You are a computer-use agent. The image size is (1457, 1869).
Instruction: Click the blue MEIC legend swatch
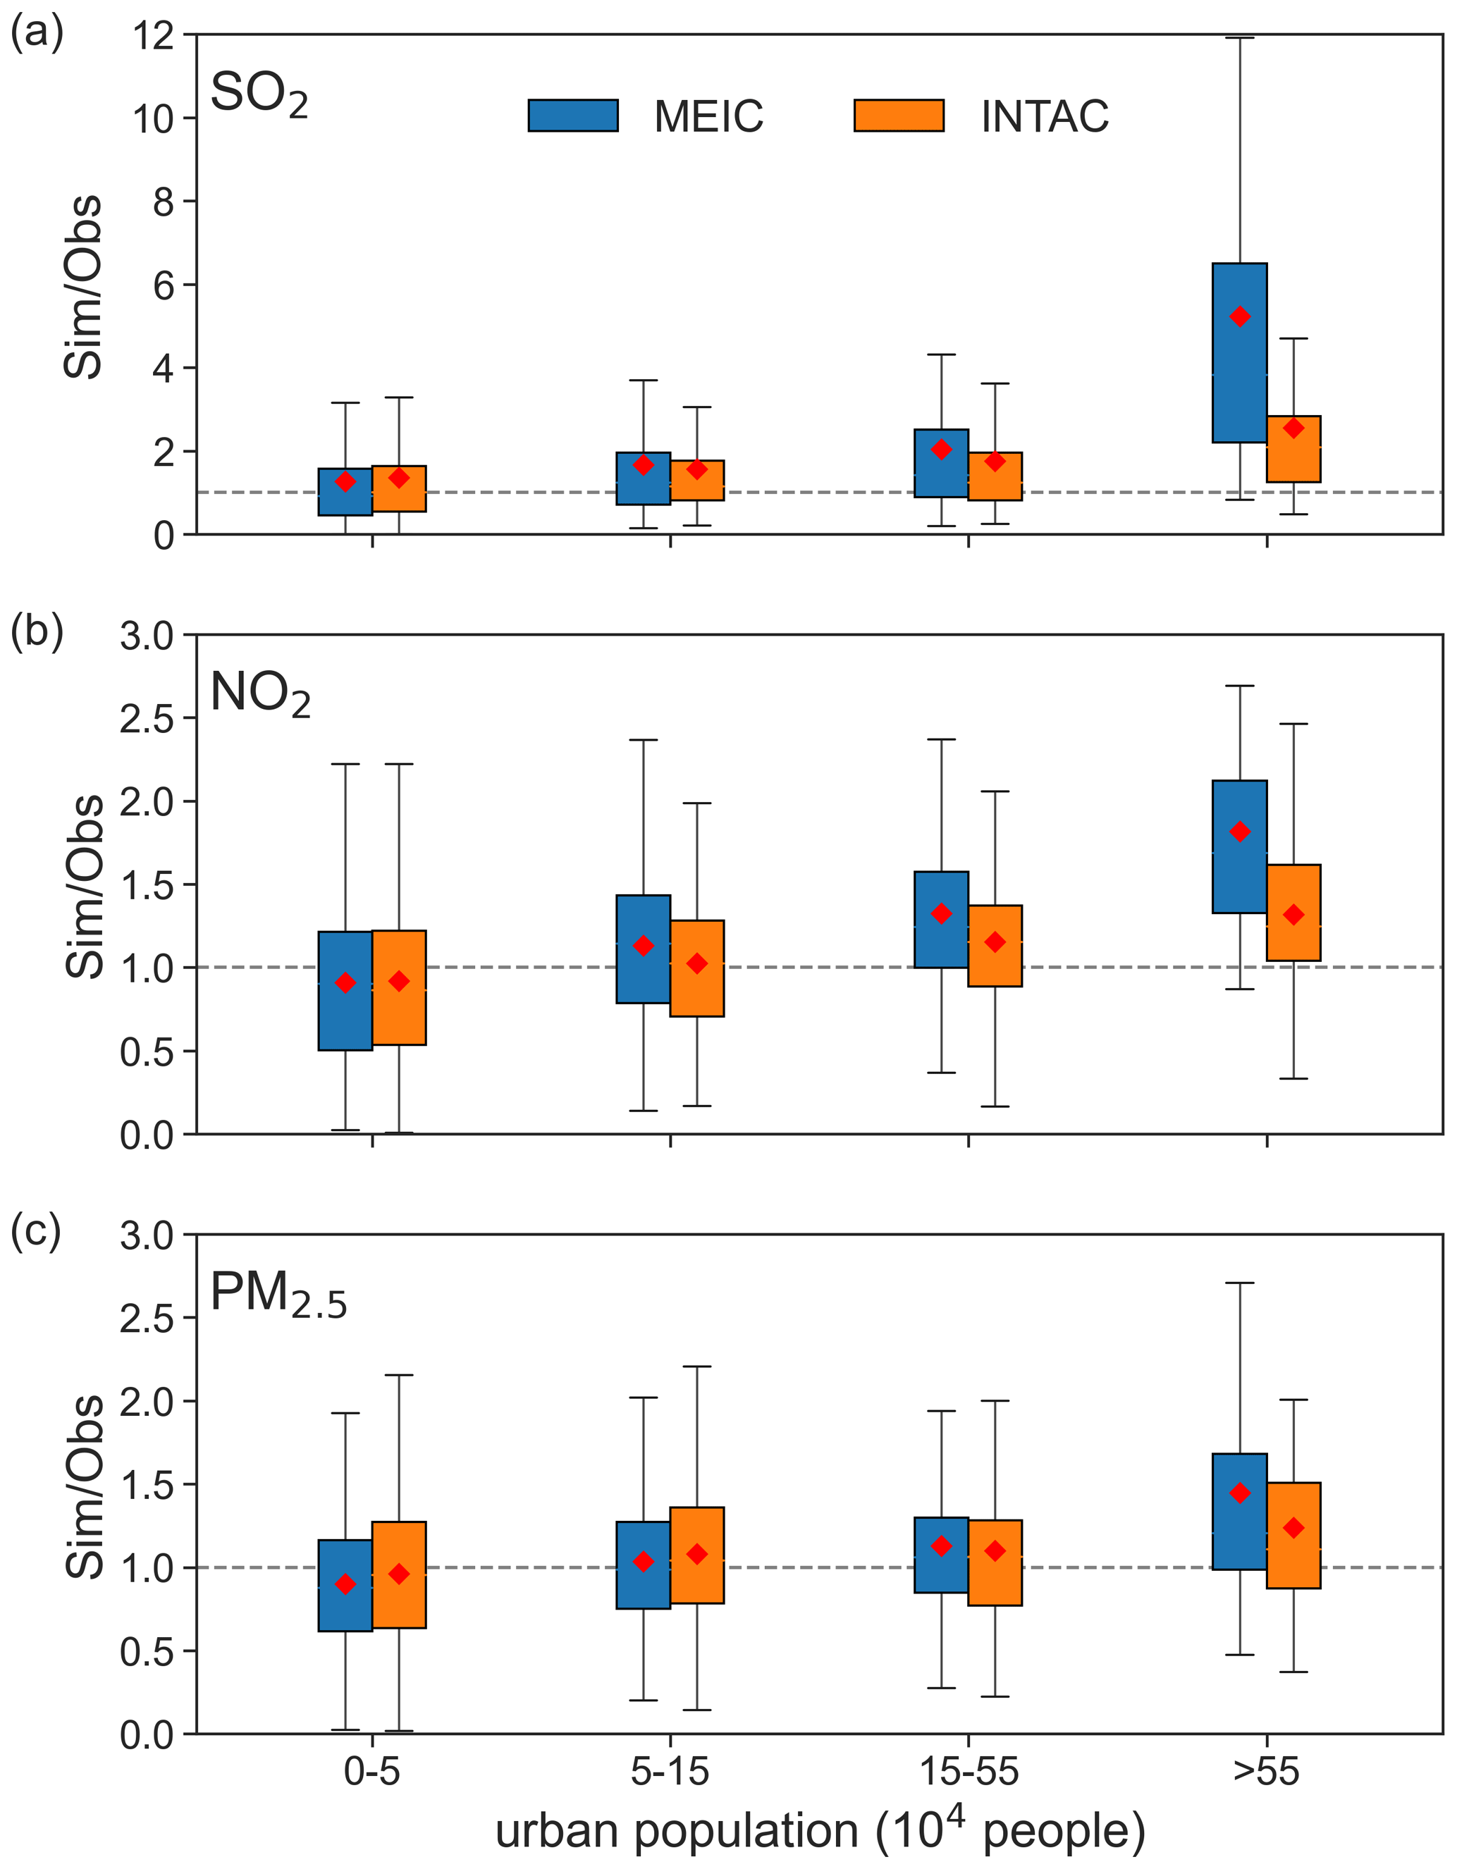[x=572, y=116]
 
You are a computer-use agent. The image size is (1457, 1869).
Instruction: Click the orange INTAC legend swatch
[x=898, y=116]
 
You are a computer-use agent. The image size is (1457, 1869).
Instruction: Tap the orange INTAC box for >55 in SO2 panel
[x=1293, y=450]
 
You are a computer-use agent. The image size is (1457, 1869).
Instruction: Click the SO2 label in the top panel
[x=259, y=94]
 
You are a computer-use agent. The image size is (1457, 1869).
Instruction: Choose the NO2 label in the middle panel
[x=259, y=693]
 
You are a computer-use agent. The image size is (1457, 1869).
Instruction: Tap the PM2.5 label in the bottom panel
[x=278, y=1293]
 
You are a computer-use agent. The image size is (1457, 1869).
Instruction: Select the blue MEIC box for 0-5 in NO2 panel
[x=345, y=990]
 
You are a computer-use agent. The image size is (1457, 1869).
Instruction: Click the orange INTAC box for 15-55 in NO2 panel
[x=995, y=946]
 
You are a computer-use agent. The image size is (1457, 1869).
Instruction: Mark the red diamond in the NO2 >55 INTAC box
[x=1293, y=915]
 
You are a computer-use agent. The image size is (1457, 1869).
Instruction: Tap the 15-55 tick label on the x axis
[x=969, y=1772]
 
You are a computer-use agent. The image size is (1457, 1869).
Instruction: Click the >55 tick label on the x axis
[x=1266, y=1772]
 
